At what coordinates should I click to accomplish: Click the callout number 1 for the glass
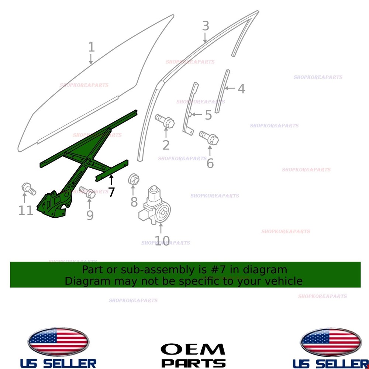click(92, 47)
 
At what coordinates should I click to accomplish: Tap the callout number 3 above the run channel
click(206, 26)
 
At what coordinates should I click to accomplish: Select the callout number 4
click(241, 89)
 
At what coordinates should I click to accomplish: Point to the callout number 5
click(208, 115)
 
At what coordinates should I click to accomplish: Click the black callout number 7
click(111, 192)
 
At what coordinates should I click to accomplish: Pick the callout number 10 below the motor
click(162, 241)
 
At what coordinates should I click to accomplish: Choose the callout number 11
click(26, 210)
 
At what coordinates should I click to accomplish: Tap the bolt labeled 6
click(209, 138)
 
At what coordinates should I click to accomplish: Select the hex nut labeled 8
click(134, 180)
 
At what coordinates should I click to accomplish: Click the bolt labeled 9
click(87, 192)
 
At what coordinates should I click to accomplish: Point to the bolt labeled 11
click(29, 189)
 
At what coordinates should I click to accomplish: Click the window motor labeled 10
click(155, 205)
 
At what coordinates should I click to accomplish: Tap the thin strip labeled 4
click(222, 91)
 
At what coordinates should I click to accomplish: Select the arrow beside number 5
click(197, 114)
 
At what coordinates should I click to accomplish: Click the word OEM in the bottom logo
click(193, 349)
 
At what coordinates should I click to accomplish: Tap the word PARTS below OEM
click(193, 363)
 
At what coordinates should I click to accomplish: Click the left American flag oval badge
click(58, 342)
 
